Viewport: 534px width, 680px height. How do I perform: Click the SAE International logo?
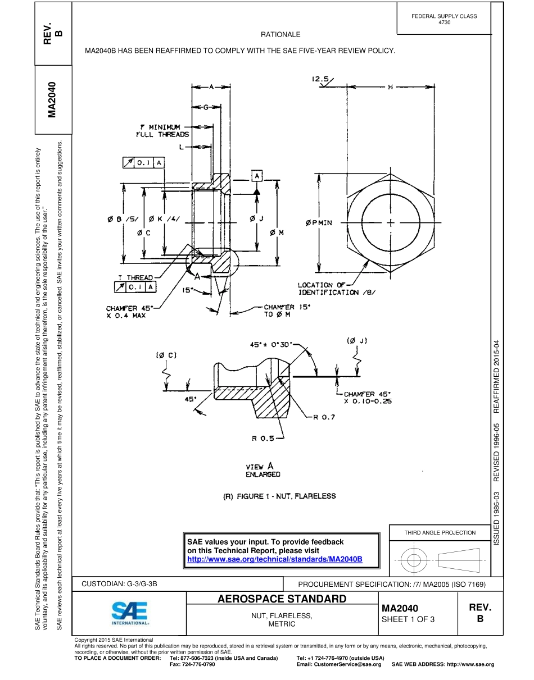tap(129, 613)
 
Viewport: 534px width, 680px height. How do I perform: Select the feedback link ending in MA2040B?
tap(274, 559)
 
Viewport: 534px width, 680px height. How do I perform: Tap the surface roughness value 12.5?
tap(320, 80)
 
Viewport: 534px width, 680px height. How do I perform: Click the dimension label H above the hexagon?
tap(390, 87)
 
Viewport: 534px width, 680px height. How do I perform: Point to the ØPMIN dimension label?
tap(319, 222)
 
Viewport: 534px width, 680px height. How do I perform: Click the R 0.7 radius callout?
tap(323, 417)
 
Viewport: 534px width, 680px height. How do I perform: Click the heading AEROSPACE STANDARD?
tap(282, 599)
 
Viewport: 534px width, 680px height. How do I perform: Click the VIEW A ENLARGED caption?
tap(263, 471)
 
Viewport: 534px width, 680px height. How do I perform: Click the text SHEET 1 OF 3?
tap(408, 619)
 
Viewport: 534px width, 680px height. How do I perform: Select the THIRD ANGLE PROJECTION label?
tap(440, 532)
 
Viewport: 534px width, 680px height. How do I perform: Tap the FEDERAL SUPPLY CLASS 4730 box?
tap(444, 19)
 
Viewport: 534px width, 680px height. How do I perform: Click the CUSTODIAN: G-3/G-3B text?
tap(119, 584)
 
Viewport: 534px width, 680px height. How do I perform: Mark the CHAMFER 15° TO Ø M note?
tap(287, 311)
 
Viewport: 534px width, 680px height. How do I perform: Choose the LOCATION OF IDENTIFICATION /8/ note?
tap(336, 289)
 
